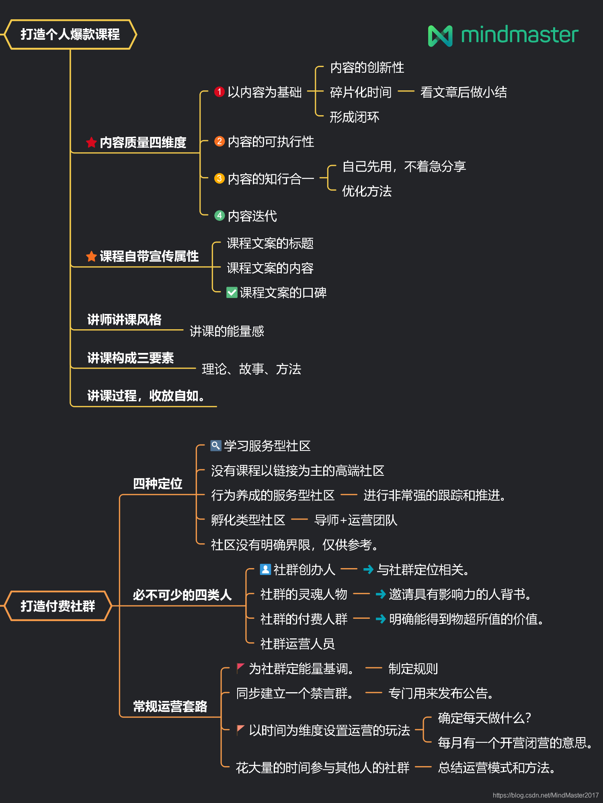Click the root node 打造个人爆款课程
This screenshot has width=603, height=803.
(70, 35)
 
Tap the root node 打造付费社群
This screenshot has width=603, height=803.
(58, 606)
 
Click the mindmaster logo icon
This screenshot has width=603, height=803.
(440, 36)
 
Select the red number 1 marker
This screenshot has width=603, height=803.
(219, 92)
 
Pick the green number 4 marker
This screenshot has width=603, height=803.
(219, 216)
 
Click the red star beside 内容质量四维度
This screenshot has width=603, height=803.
(91, 142)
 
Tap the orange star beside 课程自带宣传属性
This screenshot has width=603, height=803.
(91, 256)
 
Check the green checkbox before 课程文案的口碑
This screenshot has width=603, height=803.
(232, 292)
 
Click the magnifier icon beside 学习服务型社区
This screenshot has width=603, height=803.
(216, 446)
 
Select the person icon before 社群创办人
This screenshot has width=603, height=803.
(265, 569)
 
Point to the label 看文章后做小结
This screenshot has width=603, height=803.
(463, 92)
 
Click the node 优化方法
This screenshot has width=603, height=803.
(367, 191)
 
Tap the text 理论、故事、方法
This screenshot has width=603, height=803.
(251, 369)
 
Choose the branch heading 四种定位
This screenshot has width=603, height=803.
(158, 483)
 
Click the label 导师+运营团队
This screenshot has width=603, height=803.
(355, 520)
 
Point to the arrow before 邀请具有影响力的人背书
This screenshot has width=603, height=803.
(380, 594)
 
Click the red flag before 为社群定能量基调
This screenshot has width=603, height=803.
(240, 668)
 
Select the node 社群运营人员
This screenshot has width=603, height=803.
(297, 644)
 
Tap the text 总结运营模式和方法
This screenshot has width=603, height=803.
(496, 768)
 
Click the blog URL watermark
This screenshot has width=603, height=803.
(546, 795)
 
